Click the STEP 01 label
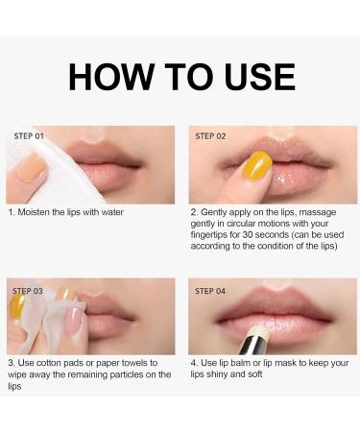pyautogui.click(x=29, y=136)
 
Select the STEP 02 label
pyautogui.click(x=210, y=136)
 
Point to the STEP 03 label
pyautogui.click(x=28, y=291)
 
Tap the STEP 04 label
pyautogui.click(x=210, y=291)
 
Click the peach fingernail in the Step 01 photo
pyautogui.click(x=32, y=167)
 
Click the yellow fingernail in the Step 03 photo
pyautogui.click(x=18, y=306)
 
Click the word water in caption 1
pyautogui.click(x=112, y=212)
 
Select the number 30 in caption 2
pyautogui.click(x=248, y=234)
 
